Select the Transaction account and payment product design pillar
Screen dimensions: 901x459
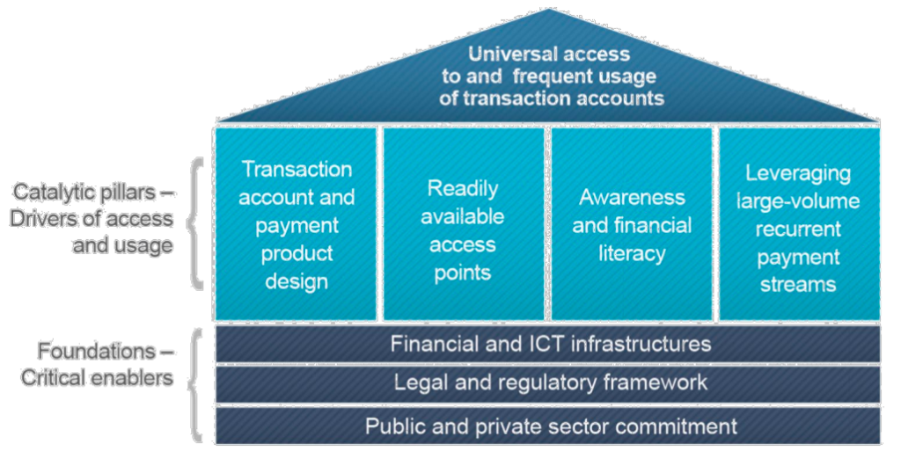(x=296, y=223)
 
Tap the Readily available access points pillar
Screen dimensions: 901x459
(x=463, y=223)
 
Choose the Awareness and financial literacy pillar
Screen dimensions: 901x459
(x=632, y=223)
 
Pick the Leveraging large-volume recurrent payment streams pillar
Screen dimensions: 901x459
(x=799, y=223)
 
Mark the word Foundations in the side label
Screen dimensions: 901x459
(x=96, y=351)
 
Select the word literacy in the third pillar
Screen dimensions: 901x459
(x=632, y=254)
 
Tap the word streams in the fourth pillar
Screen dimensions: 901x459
(x=798, y=285)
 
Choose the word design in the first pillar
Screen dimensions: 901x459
(x=297, y=282)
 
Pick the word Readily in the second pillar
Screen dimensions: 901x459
(x=463, y=189)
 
